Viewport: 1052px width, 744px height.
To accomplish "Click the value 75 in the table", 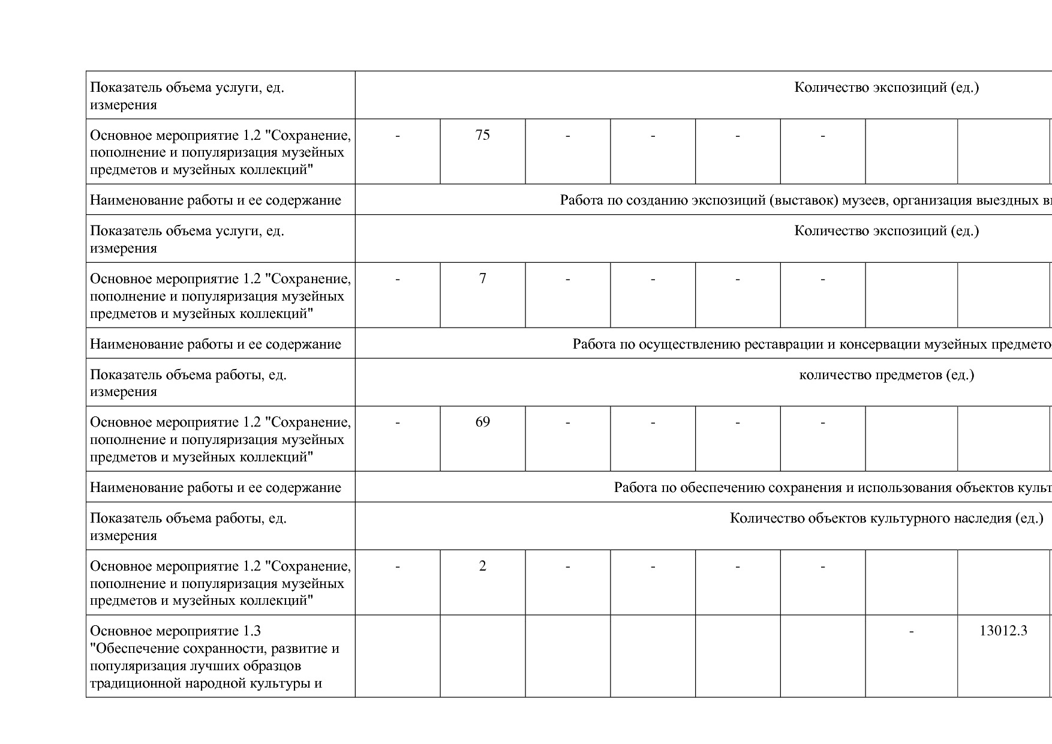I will tap(482, 135).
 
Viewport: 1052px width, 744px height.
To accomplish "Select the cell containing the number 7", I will tap(482, 278).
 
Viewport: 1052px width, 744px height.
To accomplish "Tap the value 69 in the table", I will tap(482, 422).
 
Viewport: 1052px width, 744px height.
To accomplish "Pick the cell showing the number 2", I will tap(482, 566).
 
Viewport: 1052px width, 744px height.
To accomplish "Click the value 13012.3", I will tap(1003, 631).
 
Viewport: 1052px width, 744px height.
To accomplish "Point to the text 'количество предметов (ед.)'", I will tap(886, 375).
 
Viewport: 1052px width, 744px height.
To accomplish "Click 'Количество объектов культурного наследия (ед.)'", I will tap(886, 518).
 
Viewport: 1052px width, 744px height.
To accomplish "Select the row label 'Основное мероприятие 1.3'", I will tap(175, 631).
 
